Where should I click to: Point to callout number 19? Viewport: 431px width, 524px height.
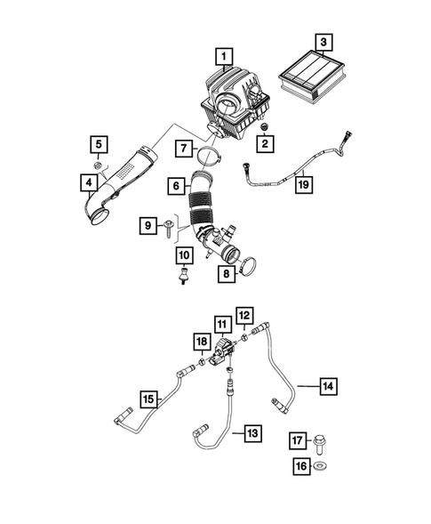[x=303, y=185]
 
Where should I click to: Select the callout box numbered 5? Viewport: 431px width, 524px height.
[x=98, y=143]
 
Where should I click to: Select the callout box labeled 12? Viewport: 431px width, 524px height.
[x=244, y=314]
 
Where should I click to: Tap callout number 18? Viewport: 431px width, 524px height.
[x=202, y=343]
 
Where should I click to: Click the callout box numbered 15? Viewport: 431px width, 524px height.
[x=148, y=398]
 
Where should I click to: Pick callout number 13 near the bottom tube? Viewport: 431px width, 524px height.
[x=253, y=433]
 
